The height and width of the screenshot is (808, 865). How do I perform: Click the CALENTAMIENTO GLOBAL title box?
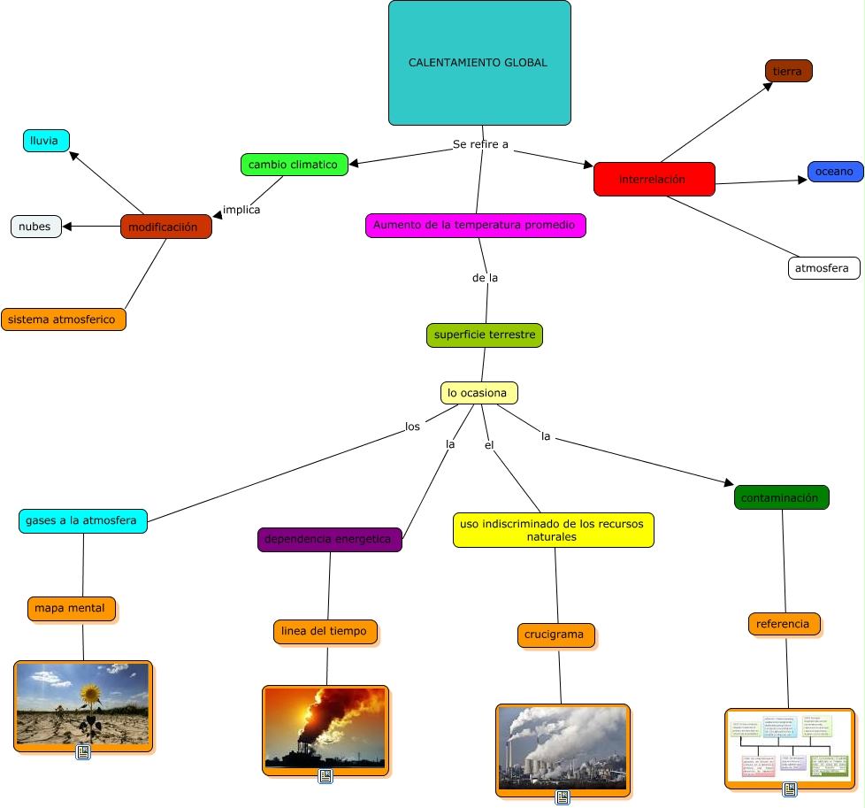479,63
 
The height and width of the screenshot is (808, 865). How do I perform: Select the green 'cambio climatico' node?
293,165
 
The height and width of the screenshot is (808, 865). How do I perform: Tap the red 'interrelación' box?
654,179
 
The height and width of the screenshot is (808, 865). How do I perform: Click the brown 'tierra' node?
788,71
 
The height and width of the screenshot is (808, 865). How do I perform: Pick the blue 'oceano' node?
835,172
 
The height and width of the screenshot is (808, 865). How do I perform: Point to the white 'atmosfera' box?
823,267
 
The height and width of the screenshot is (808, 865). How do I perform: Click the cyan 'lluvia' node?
45,141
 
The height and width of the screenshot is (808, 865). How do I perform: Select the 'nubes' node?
36,227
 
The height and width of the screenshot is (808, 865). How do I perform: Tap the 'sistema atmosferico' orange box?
64,319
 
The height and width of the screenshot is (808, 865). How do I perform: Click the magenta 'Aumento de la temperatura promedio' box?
475,226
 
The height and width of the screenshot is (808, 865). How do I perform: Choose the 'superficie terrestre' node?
484,335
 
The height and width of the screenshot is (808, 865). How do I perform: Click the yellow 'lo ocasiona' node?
478,392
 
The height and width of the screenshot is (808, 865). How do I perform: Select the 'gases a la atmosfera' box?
82,520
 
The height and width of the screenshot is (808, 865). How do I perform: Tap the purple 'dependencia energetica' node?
329,539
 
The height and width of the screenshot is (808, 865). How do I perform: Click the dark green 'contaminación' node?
781,497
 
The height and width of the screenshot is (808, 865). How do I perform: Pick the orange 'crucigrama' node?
555,635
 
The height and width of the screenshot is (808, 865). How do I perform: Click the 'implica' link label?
241,210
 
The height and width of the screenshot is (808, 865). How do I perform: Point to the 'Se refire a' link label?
480,144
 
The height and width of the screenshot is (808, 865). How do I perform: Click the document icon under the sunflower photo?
83,752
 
